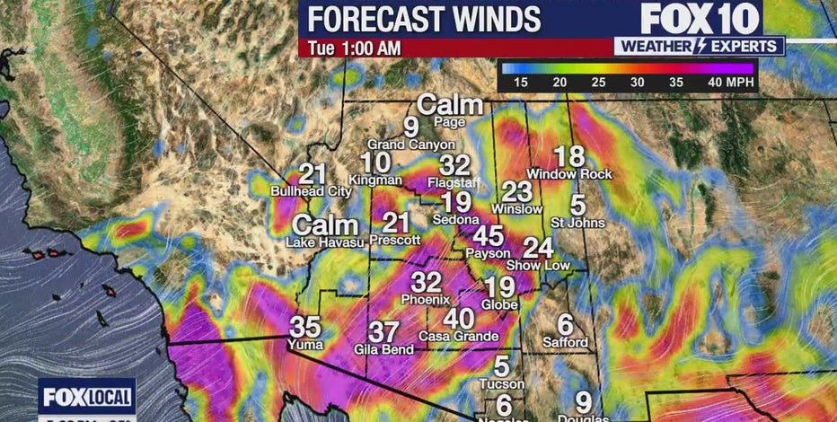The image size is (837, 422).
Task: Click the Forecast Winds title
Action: pyautogui.click(x=425, y=19)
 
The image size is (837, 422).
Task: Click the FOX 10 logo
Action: pyautogui.click(x=700, y=18)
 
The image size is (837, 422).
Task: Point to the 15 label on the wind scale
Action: pyautogui.click(x=520, y=82)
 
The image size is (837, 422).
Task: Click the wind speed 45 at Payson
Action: pyautogui.click(x=489, y=237)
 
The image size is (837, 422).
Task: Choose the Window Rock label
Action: pyautogui.click(x=569, y=173)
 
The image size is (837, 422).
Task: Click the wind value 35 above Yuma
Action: pyautogui.click(x=305, y=327)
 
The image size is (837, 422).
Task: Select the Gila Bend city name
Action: pyautogui.click(x=383, y=349)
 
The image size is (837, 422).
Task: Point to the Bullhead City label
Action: pyautogui.click(x=312, y=191)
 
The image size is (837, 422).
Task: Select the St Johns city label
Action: pyautogui.click(x=577, y=222)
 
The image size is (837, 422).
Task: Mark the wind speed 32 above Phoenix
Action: pyautogui.click(x=427, y=282)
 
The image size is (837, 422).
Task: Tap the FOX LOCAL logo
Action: pyautogui.click(x=86, y=396)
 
